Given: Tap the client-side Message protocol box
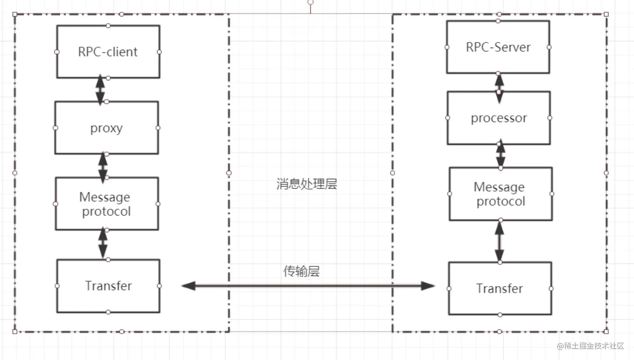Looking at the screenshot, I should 107,203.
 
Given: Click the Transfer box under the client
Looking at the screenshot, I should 108,286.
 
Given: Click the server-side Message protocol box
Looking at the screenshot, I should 500,194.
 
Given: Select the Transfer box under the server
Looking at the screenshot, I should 500,288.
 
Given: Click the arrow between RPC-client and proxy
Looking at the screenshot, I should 100,89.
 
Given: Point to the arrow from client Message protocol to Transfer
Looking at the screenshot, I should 103,243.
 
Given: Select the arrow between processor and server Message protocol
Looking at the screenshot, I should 500,155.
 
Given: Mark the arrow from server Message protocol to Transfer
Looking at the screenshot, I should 499,241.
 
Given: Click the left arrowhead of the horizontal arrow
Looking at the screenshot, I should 189,286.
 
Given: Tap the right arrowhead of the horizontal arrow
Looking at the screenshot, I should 428,286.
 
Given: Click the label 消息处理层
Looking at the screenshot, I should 307,184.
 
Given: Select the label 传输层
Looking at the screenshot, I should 301,271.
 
